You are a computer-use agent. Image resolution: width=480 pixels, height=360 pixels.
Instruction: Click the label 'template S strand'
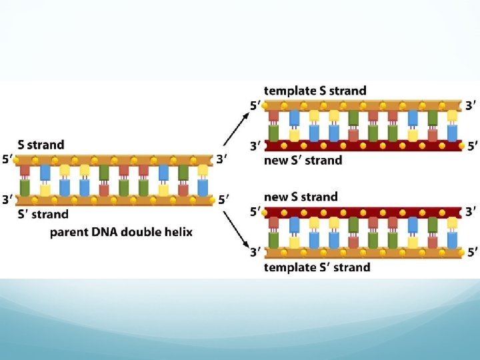pos(315,91)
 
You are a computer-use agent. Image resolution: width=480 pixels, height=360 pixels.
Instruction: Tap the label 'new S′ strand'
pos(303,160)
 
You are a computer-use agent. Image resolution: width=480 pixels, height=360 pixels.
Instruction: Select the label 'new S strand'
pos(301,197)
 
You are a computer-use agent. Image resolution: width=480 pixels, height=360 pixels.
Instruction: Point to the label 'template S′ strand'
pos(317,267)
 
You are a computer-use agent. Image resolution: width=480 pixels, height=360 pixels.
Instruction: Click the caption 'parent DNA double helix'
pos(121,232)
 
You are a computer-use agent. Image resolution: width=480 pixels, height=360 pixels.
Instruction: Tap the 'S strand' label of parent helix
pos(41,145)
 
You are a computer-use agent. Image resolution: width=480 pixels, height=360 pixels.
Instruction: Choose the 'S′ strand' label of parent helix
pos(43,214)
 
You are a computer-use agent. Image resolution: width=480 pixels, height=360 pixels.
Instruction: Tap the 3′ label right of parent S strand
pos(222,160)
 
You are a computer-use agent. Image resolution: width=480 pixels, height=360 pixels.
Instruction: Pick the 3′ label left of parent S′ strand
pos(7,199)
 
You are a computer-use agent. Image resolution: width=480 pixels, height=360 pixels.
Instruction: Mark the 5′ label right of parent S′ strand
pos(222,199)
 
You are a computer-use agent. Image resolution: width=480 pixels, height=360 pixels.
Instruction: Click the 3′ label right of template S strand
pos(471,105)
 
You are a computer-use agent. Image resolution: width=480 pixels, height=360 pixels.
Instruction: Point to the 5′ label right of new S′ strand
pos(471,145)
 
